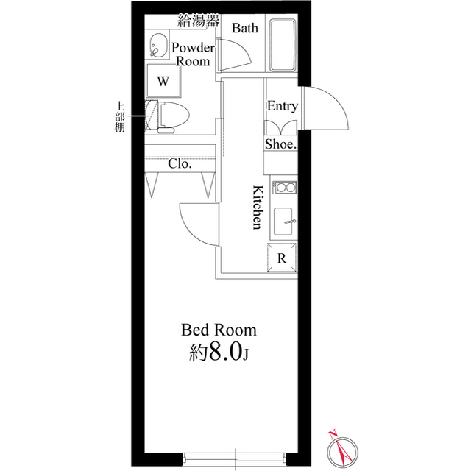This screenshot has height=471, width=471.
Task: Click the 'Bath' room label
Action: tap(244, 29)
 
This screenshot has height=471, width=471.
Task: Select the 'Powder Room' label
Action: tap(193, 54)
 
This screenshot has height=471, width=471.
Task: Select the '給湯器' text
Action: tap(199, 21)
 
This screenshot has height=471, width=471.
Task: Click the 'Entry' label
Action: tap(282, 106)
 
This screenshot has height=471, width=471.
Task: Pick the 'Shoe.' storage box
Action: tap(281, 144)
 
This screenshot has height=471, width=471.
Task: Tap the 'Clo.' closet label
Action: tap(180, 164)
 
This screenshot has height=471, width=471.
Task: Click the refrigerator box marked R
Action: tap(281, 258)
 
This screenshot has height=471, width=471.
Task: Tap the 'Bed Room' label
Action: tap(219, 329)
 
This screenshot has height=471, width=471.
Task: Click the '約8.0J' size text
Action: tap(219, 353)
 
